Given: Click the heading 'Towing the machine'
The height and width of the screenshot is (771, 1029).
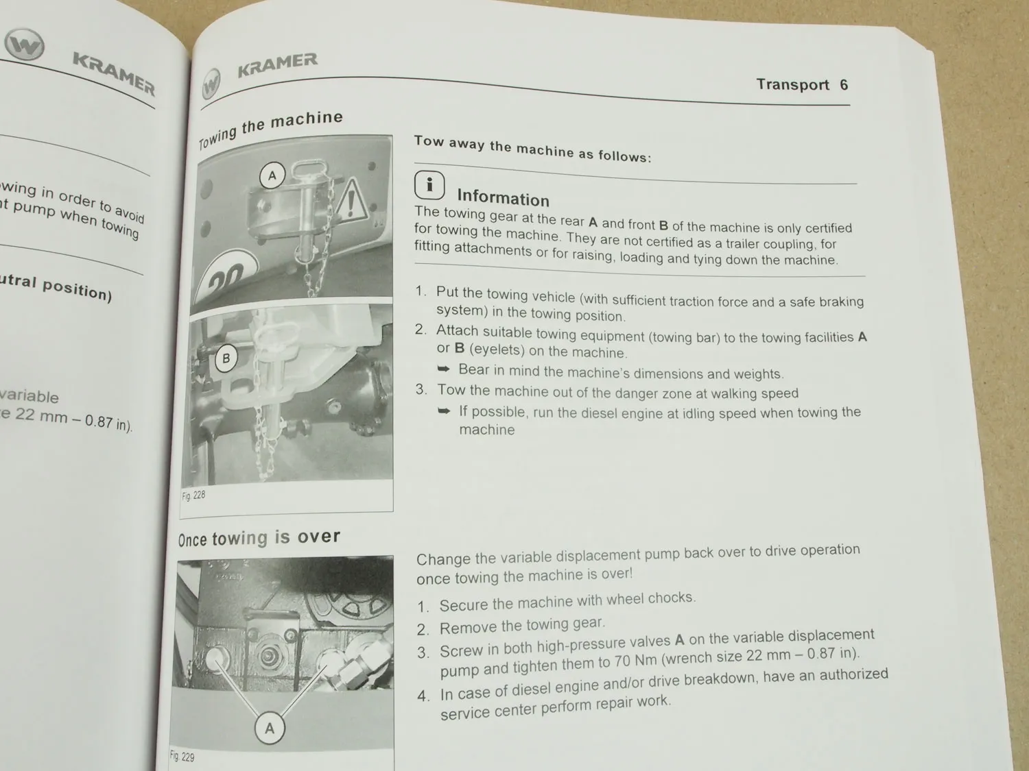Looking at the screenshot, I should point(271,129).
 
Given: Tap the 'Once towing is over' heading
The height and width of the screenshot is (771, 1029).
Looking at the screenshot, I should point(259,538).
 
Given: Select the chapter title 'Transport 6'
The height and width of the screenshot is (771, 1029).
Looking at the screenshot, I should point(801,85).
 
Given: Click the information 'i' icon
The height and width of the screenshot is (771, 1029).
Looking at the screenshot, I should point(429,185).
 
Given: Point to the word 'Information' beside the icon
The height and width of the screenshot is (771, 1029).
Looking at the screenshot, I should point(503,199).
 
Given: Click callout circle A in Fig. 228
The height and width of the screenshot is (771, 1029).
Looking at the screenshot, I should point(272,176).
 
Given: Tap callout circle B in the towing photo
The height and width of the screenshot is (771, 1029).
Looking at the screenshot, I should point(226,358).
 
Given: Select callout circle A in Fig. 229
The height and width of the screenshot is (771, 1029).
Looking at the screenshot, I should point(269,728).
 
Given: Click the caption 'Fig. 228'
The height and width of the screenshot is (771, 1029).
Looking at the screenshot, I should point(193,495).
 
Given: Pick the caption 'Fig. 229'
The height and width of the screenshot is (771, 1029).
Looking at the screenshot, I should point(182,757).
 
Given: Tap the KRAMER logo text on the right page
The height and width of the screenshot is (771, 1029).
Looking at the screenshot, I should point(277,66).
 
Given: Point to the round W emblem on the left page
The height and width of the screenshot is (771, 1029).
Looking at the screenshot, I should point(24,46).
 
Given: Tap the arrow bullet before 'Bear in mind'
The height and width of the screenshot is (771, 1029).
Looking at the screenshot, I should point(444,369).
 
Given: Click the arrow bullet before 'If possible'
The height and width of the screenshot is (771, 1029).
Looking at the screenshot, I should point(445,411).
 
